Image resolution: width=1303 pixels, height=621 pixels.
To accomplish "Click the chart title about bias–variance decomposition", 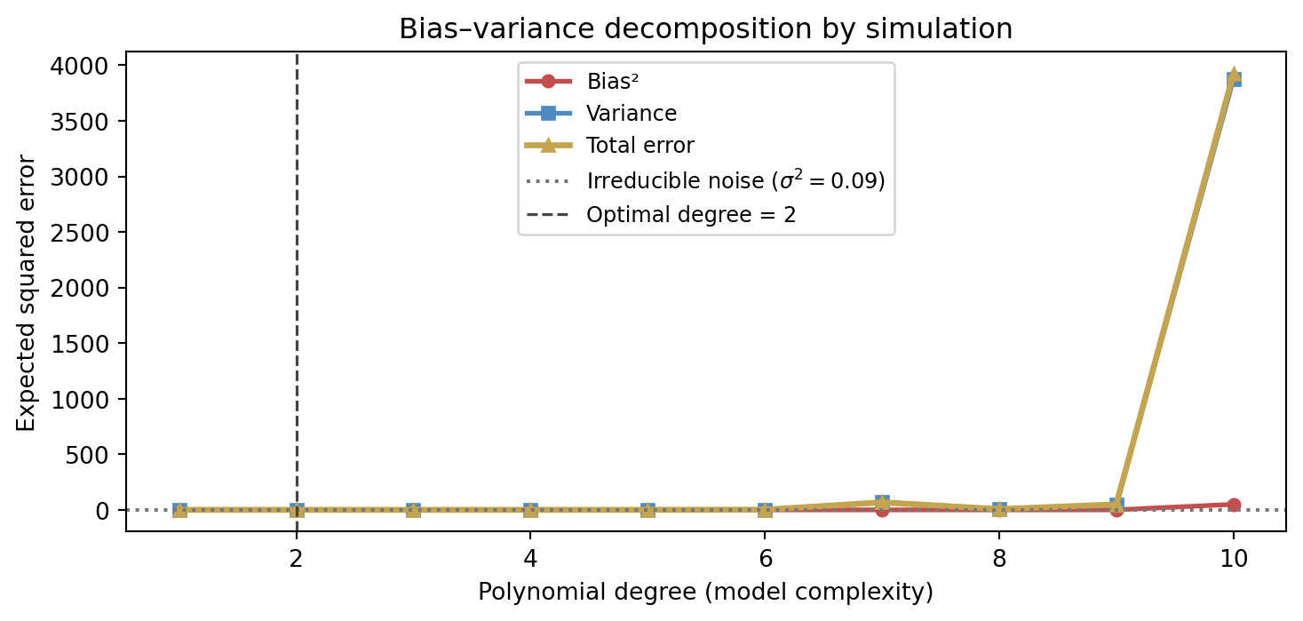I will (705, 29).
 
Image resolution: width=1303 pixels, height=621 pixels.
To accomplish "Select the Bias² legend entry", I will (613, 82).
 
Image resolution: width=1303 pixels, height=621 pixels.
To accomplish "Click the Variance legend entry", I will (632, 114).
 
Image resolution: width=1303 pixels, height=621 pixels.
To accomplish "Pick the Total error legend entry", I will (640, 145).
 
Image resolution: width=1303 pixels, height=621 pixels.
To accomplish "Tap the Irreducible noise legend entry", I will (735, 181).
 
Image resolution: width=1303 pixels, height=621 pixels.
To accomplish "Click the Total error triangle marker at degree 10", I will (1233, 76).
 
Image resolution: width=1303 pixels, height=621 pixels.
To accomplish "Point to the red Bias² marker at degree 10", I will (1233, 505).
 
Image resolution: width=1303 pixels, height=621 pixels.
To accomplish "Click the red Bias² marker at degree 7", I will (882, 510).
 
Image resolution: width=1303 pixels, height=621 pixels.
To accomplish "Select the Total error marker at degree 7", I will (882, 503).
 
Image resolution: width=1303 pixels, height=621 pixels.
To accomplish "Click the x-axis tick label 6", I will (765, 559).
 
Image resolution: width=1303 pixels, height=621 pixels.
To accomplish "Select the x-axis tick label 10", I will (1233, 559).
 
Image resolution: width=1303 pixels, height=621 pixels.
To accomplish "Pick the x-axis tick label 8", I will (999, 559).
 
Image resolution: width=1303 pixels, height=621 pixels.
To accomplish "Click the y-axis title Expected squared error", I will (27, 292).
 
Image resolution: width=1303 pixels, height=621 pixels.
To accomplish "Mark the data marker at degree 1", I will (179, 510).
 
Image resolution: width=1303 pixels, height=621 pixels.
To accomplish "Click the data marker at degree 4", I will (530, 510).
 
